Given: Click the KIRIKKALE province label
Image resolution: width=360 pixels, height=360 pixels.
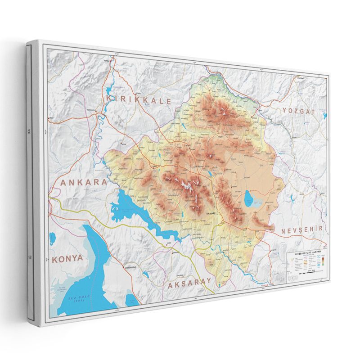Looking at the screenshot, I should tap(139, 100).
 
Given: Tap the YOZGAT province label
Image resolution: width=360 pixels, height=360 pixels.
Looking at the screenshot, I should tap(297, 111).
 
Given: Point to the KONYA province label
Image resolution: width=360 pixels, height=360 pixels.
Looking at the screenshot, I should tap(67, 259).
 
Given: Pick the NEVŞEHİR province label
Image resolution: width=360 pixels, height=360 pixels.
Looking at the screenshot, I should tap(302, 230).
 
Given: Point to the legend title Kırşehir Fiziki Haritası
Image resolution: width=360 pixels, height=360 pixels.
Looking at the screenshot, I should tap(306, 253).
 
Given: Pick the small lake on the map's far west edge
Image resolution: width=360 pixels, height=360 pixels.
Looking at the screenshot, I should tap(52, 237).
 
